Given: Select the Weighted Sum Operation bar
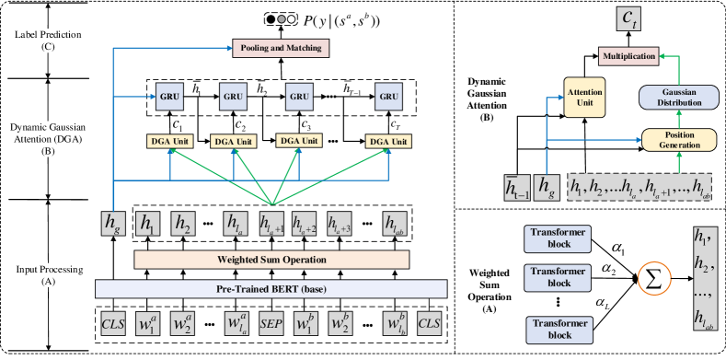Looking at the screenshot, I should (271, 260).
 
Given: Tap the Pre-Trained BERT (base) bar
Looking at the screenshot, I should (271, 290).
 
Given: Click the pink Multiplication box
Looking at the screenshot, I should (628, 56).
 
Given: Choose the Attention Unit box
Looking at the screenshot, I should (583, 98).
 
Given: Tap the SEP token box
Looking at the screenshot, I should (271, 323).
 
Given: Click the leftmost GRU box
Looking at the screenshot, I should (169, 96).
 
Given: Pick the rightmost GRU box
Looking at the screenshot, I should (389, 96).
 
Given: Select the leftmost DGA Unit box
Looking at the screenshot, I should (169, 141).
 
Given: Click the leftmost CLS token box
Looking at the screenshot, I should (113, 323).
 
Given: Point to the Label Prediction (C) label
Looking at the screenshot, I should (48, 40).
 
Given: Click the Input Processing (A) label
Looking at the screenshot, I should (48, 275).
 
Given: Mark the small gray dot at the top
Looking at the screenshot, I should (282, 18).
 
